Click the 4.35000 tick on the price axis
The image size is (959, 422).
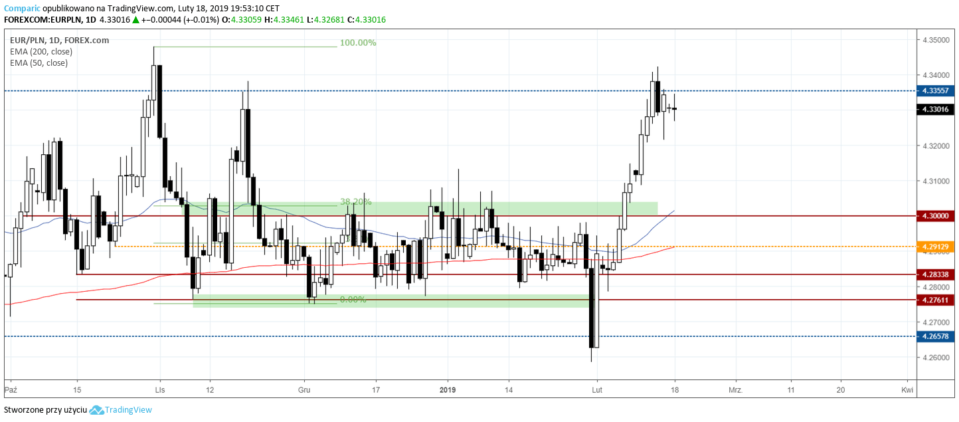tap(935, 41)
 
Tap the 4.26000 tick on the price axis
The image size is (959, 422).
tap(935, 358)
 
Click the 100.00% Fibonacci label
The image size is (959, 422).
tap(358, 43)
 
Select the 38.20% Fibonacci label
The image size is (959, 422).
tap(355, 201)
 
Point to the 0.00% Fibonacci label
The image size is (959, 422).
tap(353, 300)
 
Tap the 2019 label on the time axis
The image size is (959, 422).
tap(448, 389)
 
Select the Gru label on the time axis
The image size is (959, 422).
tap(304, 389)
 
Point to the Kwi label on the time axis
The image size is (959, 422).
tap(907, 389)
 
